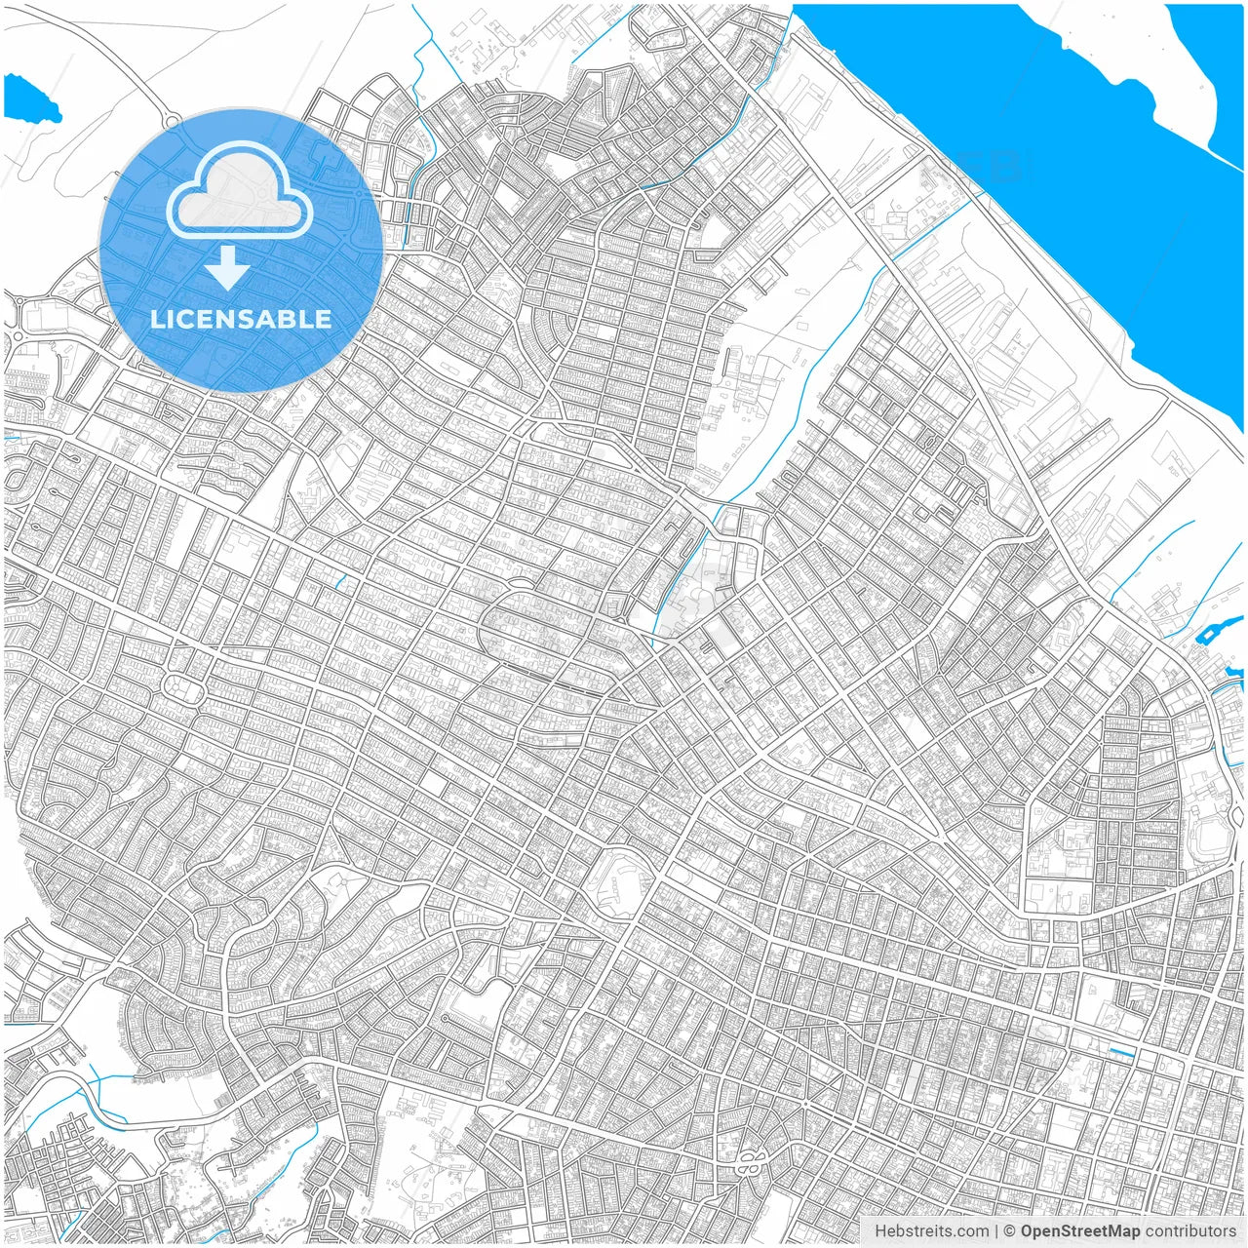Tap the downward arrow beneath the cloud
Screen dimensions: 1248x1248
(227, 267)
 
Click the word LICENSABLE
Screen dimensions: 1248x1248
(240, 319)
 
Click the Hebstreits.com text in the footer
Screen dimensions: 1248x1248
(931, 1231)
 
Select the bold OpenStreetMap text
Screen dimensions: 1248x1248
(1080, 1231)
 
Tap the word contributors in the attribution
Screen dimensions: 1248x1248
(1190, 1231)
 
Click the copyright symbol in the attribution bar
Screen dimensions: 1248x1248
(1010, 1231)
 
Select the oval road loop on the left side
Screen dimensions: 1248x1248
(182, 688)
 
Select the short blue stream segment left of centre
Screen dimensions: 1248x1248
(341, 582)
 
